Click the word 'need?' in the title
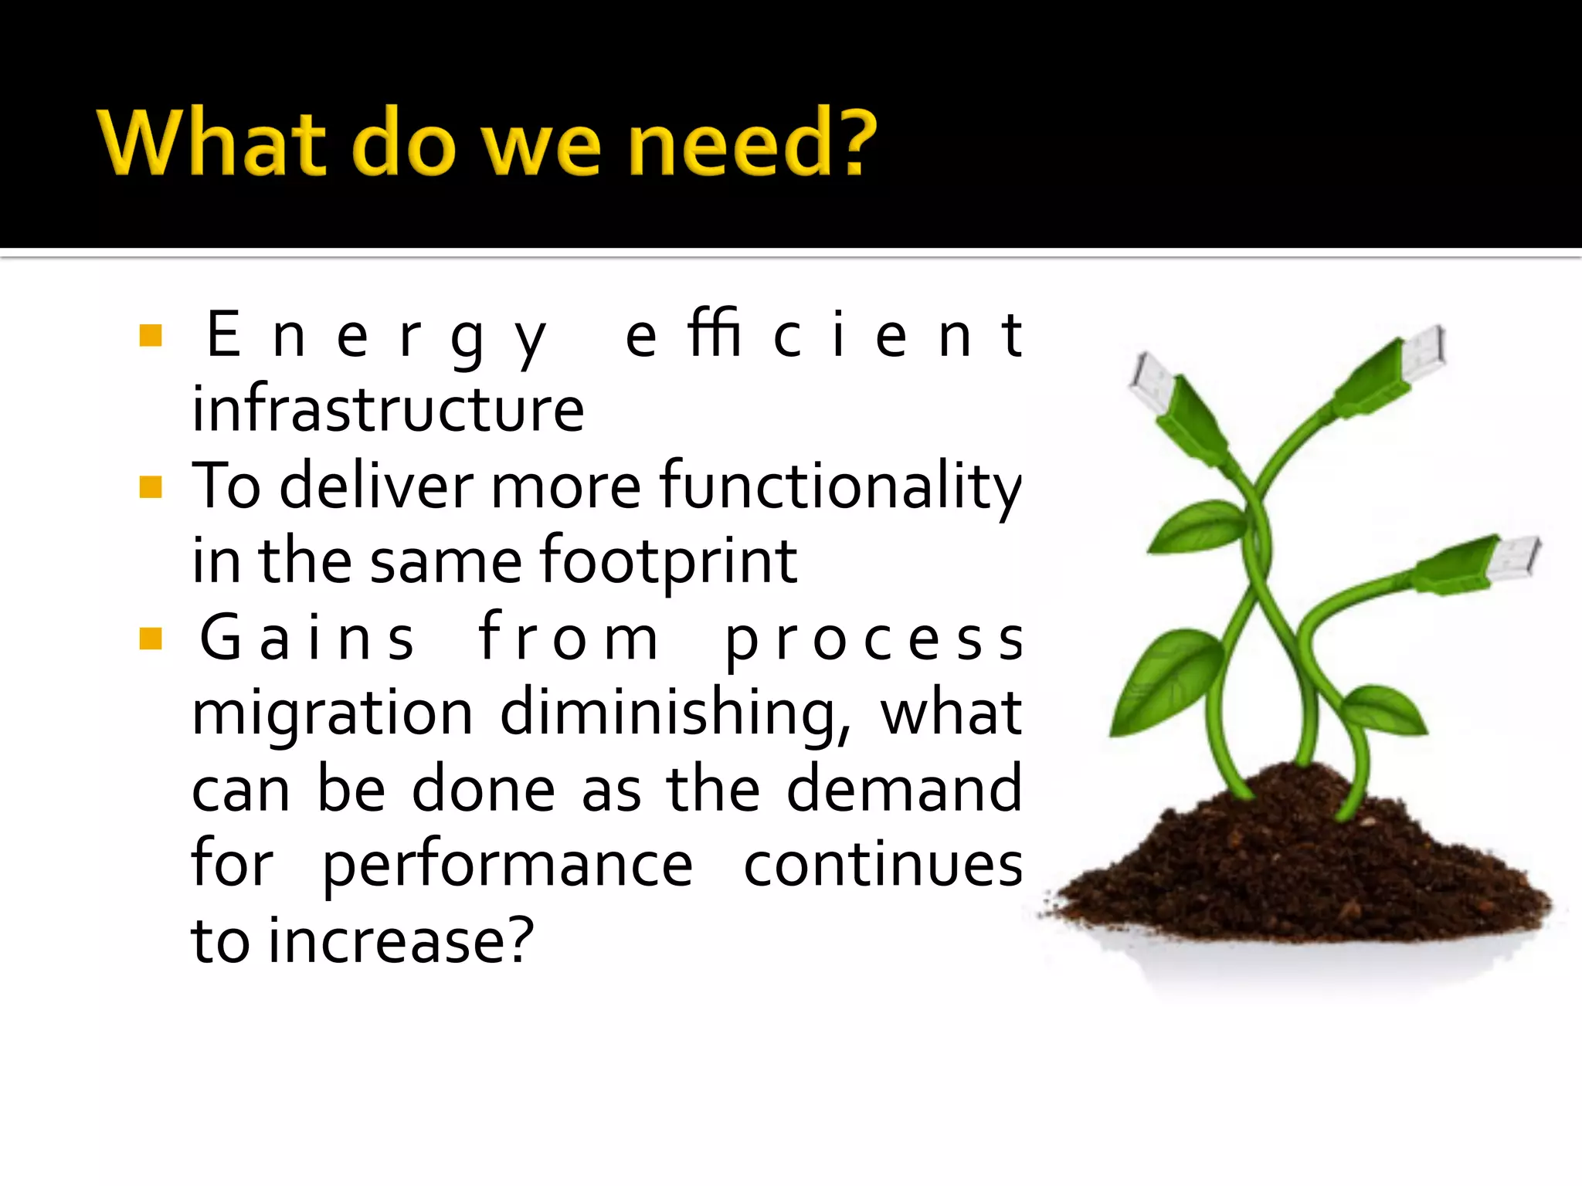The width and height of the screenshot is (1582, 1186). (x=752, y=143)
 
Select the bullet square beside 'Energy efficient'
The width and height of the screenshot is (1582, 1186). (x=151, y=336)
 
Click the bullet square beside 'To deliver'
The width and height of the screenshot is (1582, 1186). (x=151, y=487)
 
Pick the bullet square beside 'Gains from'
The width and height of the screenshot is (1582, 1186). (x=151, y=639)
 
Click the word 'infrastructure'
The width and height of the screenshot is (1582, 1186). (x=388, y=409)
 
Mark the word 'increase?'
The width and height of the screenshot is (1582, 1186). (x=401, y=940)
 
